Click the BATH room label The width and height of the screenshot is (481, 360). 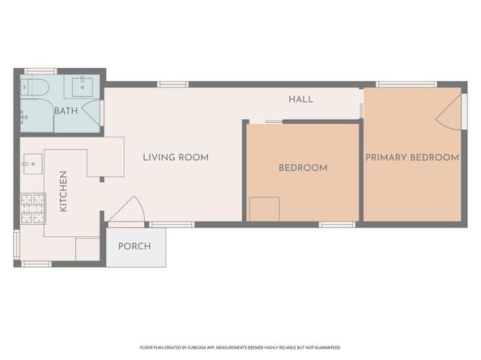[66, 111]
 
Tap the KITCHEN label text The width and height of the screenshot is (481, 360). [64, 192]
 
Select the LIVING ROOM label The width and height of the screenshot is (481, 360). [176, 157]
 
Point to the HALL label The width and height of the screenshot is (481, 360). [301, 100]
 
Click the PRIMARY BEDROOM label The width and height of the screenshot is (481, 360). [412, 157]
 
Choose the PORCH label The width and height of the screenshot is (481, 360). [134, 246]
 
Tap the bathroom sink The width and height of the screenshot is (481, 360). [83, 87]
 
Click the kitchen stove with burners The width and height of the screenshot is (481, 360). [32, 210]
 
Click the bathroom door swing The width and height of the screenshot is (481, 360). [96, 113]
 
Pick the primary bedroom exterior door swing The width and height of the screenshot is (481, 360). [451, 113]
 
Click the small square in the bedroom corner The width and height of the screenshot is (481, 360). [264, 209]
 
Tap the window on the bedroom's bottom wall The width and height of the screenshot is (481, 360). [336, 224]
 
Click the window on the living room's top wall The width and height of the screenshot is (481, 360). [172, 84]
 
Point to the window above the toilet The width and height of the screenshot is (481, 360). [39, 71]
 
